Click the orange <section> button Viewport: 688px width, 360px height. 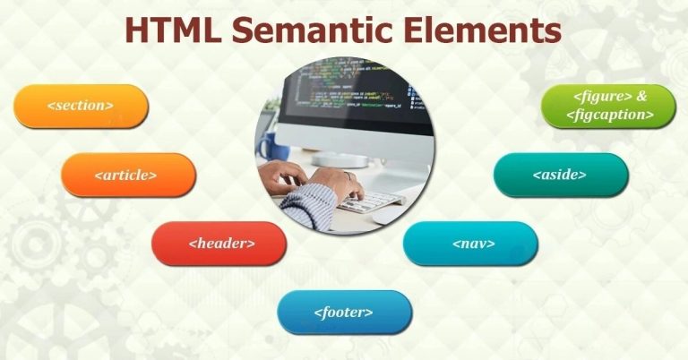point(81,106)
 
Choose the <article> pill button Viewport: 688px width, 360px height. point(127,175)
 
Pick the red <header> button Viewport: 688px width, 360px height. point(219,243)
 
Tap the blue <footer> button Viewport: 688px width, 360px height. point(344,313)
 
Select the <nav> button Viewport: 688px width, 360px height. point(470,243)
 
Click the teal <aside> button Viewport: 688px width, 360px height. point(561,175)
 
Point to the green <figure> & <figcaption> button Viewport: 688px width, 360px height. point(609,106)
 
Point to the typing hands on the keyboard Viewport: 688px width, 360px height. point(321,184)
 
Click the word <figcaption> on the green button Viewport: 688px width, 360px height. point(609,116)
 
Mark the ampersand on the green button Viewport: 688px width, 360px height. point(642,95)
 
